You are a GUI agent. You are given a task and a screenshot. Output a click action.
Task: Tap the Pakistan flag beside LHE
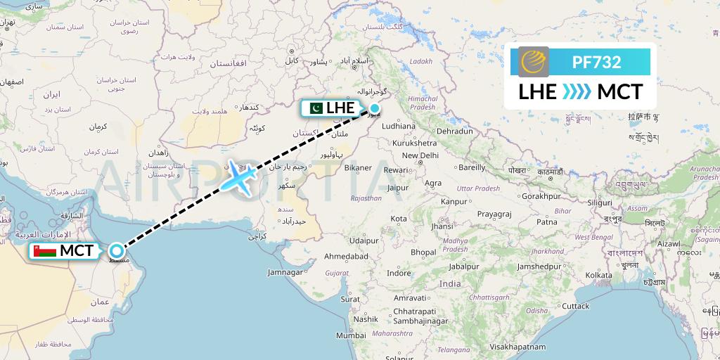pyautogui.click(x=314, y=108)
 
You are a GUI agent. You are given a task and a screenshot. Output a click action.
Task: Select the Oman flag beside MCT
pyautogui.click(x=49, y=251)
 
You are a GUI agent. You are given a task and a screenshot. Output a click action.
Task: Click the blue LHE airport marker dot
pyautogui.click(x=375, y=108)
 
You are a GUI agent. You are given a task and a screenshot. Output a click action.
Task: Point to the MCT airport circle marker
pyautogui.click(x=117, y=251)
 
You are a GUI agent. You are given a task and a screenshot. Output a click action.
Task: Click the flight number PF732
pyautogui.click(x=596, y=62)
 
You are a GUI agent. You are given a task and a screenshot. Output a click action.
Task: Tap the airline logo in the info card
pyautogui.click(x=534, y=61)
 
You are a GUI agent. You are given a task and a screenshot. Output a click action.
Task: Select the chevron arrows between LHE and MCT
pyautogui.click(x=577, y=92)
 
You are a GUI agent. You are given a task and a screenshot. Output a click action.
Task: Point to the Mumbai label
pyautogui.click(x=351, y=335)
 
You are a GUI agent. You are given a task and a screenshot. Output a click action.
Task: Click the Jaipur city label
pyautogui.click(x=397, y=188)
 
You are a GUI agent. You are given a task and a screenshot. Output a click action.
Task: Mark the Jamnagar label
pyautogui.click(x=285, y=272)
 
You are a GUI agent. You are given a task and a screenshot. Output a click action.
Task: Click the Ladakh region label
pyautogui.click(x=420, y=61)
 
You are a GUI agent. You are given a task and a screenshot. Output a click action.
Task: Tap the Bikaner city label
pyautogui.click(x=358, y=168)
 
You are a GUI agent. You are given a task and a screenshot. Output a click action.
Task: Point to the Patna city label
pyautogui.click(x=546, y=221)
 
